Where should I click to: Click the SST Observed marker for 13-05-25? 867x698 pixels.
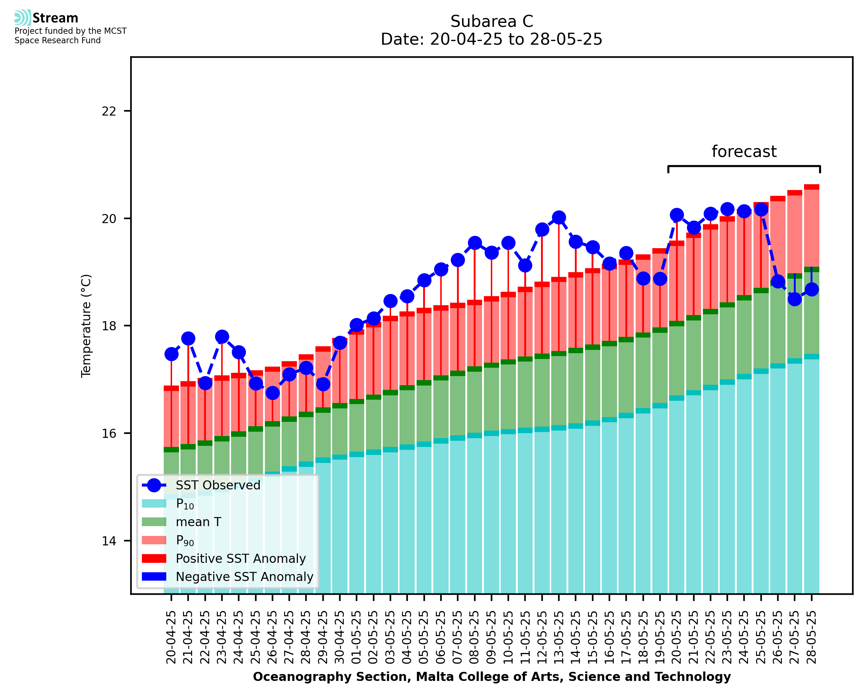click(x=558, y=218)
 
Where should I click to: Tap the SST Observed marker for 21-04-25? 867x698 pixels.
click(x=188, y=339)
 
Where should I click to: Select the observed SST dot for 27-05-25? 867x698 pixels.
click(x=794, y=299)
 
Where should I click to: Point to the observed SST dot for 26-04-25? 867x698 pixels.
click(x=273, y=393)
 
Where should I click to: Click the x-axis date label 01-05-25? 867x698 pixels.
click(x=357, y=637)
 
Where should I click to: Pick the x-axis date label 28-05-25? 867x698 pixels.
click(x=811, y=637)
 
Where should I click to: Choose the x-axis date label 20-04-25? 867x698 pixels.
click(x=171, y=637)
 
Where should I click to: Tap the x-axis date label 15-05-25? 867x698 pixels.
click(x=592, y=637)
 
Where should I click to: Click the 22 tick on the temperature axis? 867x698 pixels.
click(x=109, y=111)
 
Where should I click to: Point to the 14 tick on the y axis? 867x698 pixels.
click(x=109, y=541)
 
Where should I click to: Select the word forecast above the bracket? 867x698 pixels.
click(x=744, y=152)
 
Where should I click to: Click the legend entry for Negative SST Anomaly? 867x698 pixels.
click(x=244, y=577)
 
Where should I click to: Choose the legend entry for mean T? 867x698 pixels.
click(x=198, y=522)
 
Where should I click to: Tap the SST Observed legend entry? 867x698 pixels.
click(x=218, y=485)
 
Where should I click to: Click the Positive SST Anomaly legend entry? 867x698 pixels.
click(x=241, y=558)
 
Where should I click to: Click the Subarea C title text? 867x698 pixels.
click(x=492, y=21)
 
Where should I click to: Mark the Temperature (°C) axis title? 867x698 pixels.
click(x=86, y=326)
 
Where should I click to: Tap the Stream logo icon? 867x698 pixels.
click(x=23, y=18)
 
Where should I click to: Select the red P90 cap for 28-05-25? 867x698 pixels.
click(x=811, y=187)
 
